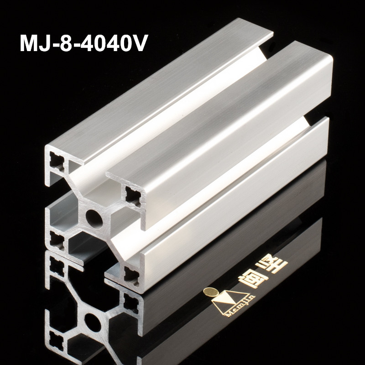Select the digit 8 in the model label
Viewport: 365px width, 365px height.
pos(69,44)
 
